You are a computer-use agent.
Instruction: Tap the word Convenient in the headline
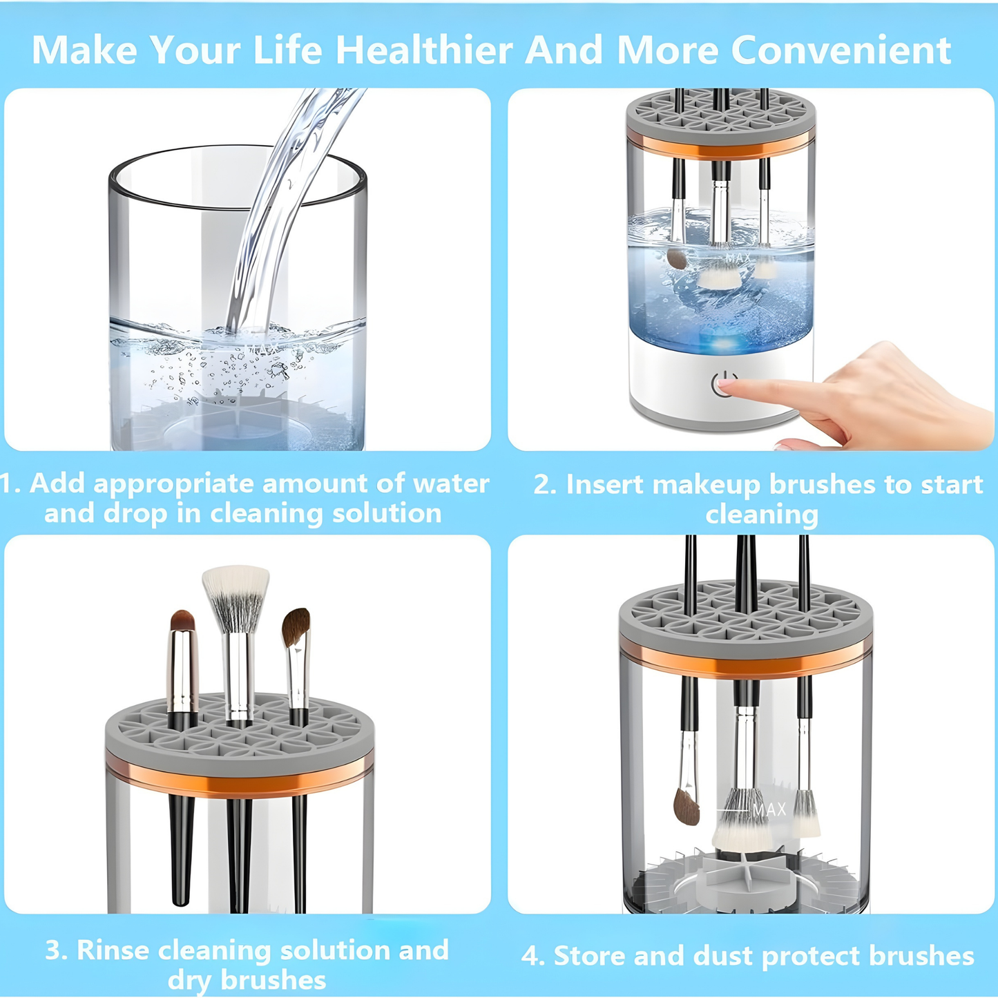tap(841, 50)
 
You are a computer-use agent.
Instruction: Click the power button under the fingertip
tap(724, 384)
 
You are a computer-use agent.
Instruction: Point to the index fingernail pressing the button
tap(727, 383)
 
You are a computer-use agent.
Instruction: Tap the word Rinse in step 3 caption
tap(113, 950)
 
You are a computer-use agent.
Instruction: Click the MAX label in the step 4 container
tap(769, 809)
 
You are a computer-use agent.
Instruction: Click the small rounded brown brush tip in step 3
tap(182, 620)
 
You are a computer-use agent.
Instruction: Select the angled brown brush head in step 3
tap(296, 626)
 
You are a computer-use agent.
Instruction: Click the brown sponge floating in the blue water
tap(677, 258)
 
